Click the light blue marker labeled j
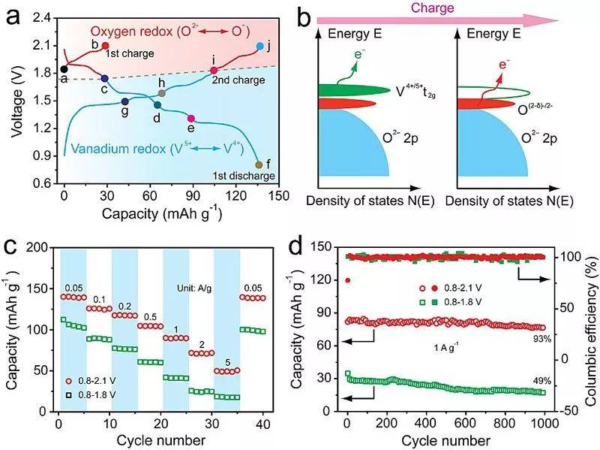(x=259, y=47)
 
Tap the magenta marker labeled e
(x=191, y=119)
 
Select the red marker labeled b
(x=105, y=46)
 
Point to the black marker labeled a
(x=64, y=70)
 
